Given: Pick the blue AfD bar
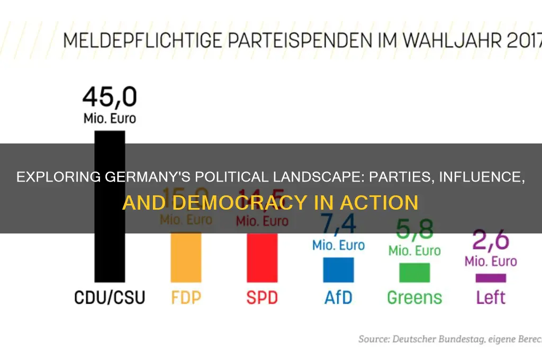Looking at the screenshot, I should pos(338,269).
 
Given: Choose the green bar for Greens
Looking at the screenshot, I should pos(414,272).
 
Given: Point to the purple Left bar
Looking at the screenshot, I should pos(491,277).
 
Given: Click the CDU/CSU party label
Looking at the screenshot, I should pos(110,298).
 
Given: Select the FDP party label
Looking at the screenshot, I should pos(186,298).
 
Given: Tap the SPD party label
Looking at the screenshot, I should pos(262,298).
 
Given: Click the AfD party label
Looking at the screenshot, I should pos(338,298).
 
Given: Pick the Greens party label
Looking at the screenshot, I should pos(414,298).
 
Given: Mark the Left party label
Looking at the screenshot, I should pos(491,298).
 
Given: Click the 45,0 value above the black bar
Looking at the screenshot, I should pos(110,97).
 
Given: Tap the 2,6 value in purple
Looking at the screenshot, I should pos(491,241).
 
